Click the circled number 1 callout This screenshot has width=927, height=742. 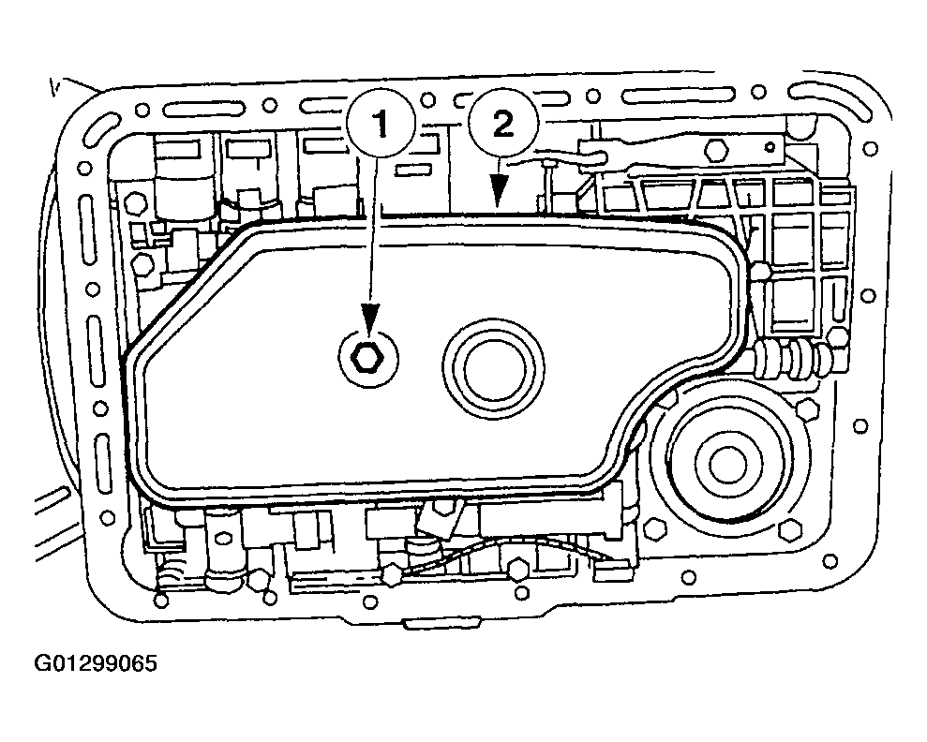tap(381, 125)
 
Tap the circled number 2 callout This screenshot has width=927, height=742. tap(503, 125)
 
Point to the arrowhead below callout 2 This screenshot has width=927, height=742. tap(500, 190)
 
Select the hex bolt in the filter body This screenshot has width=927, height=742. tap(367, 358)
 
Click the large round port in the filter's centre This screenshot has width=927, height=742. tap(494, 369)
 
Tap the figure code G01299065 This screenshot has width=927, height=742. tap(97, 663)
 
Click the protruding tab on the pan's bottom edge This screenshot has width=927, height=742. tap(441, 623)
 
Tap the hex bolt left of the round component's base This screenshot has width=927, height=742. tap(655, 528)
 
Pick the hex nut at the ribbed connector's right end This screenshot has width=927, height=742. tap(838, 337)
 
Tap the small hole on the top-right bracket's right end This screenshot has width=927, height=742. tap(770, 146)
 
